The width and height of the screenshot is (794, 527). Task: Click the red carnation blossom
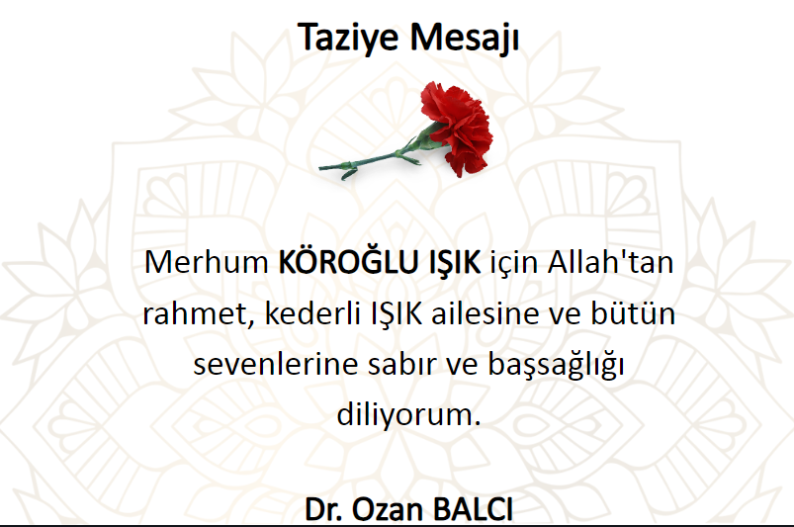[457, 128]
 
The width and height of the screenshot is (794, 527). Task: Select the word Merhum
[206, 262]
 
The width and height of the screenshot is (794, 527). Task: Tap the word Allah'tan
[610, 262]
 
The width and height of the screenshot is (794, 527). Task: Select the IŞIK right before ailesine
[397, 314]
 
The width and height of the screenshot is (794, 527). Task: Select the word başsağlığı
[556, 366]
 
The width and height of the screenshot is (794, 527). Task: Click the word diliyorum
[408, 415]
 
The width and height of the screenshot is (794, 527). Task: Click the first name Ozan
[388, 509]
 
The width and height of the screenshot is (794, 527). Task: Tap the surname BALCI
[473, 509]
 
